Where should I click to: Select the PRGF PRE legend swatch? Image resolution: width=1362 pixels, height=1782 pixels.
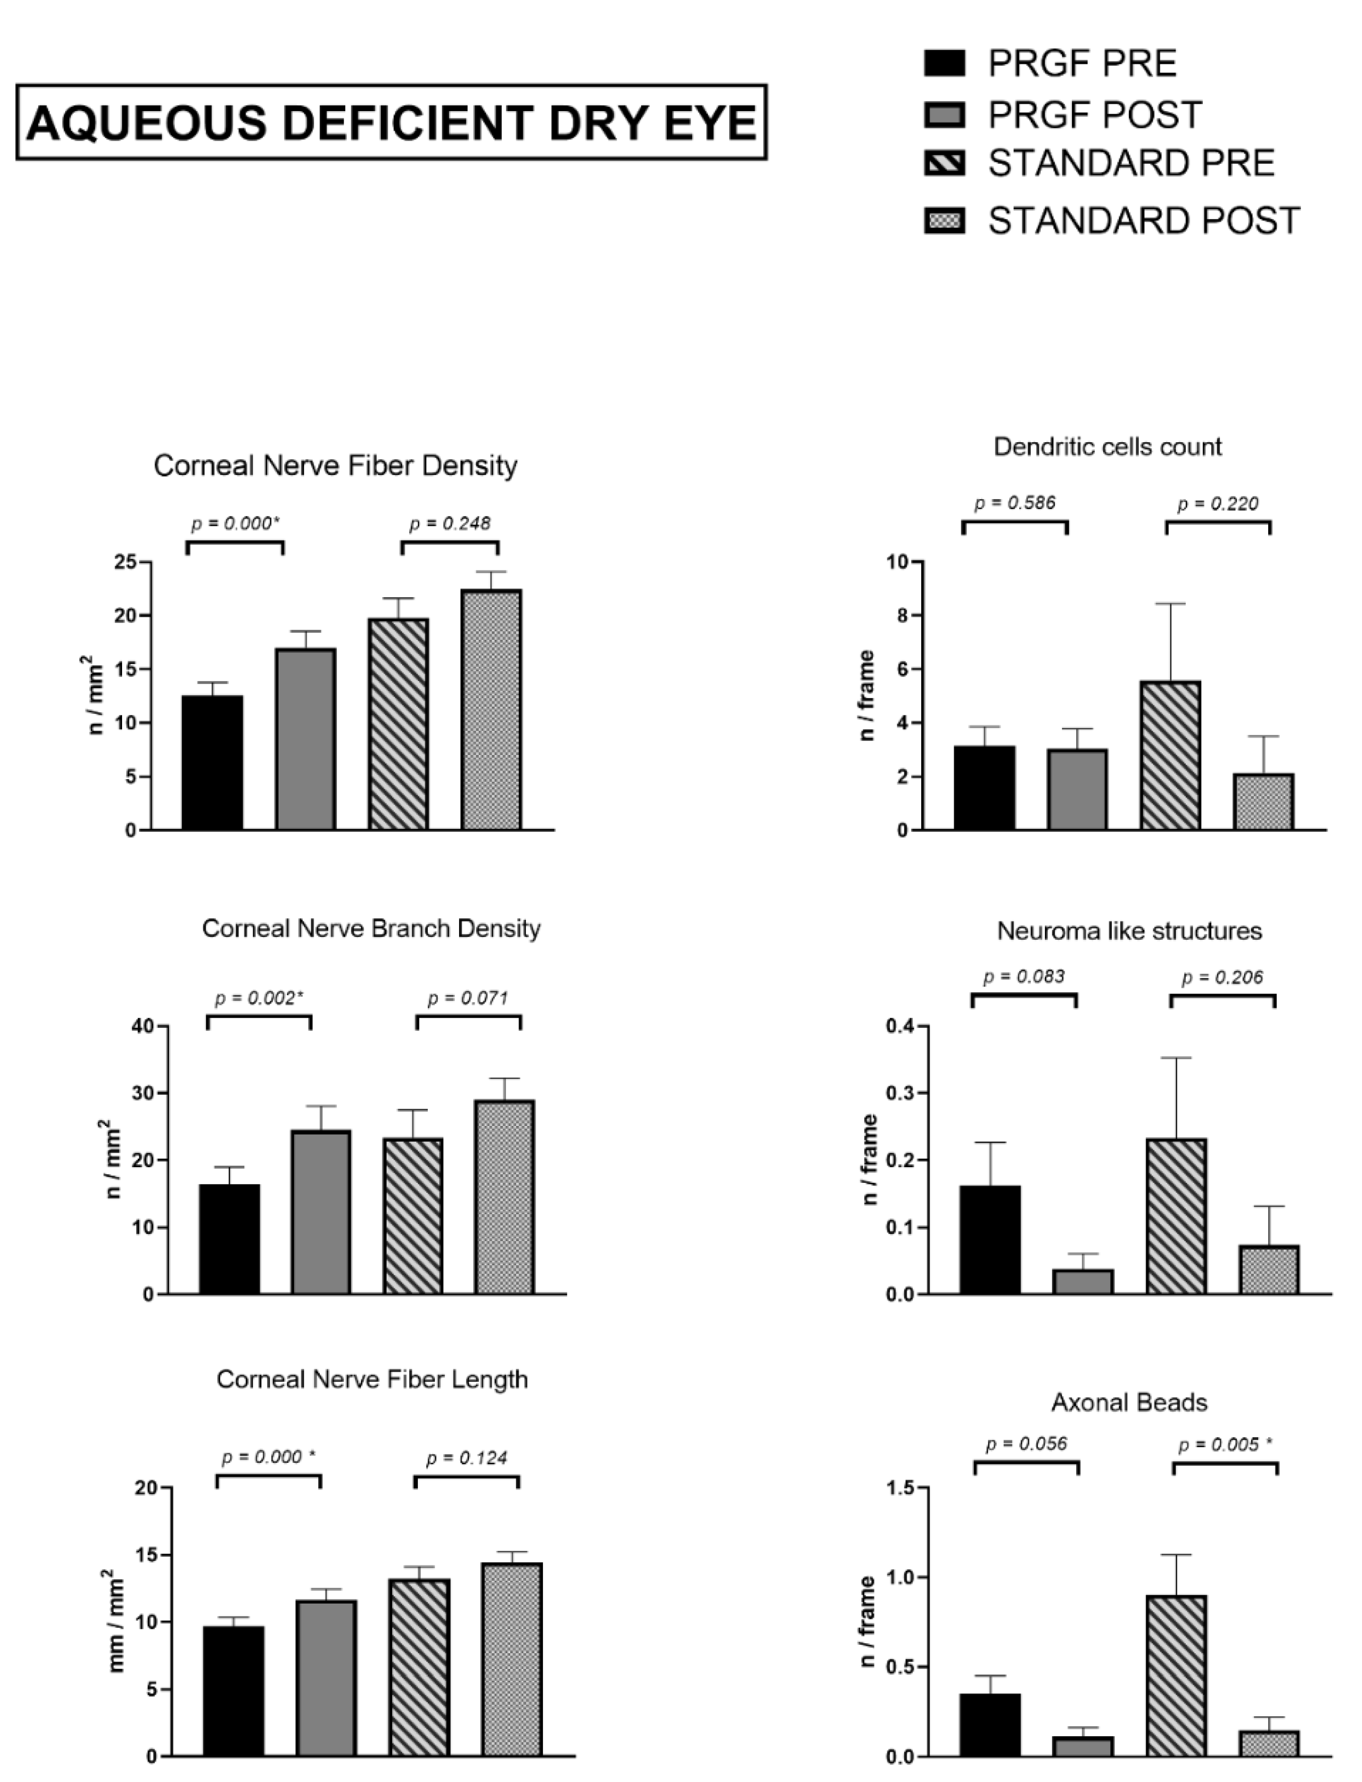[x=945, y=63]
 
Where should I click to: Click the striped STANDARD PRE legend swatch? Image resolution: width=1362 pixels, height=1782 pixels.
[x=945, y=164]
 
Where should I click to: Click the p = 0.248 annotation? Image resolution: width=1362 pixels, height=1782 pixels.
[x=450, y=524]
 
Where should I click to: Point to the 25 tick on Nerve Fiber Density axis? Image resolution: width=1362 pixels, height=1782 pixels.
[x=126, y=562]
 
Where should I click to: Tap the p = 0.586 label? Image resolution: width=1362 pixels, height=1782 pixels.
[x=1015, y=502]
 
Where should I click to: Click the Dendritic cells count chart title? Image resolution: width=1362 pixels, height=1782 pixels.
[x=1107, y=446]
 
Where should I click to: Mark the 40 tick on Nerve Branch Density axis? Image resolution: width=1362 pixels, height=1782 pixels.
[x=143, y=1026]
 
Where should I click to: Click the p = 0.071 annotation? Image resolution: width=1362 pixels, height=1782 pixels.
[x=468, y=998]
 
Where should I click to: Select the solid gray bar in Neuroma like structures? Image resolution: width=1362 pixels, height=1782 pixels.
[x=1083, y=1281]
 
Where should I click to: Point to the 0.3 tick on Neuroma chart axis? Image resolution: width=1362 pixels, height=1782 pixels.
[x=900, y=1093]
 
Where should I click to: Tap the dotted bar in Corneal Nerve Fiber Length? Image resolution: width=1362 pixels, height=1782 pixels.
[x=512, y=1659]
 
